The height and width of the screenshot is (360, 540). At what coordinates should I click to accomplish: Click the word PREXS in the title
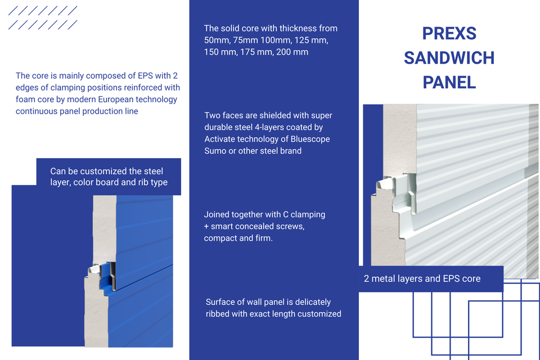[x=449, y=33]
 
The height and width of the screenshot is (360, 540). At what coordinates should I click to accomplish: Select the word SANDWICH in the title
[x=449, y=58]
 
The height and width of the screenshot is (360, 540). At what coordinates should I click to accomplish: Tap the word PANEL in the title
[x=449, y=83]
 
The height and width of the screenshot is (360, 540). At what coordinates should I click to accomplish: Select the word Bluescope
[x=309, y=139]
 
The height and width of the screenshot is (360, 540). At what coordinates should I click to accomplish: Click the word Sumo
[x=215, y=151]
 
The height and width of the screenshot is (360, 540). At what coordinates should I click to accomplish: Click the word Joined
[x=217, y=214]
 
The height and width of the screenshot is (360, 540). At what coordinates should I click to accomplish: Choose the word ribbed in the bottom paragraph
[x=219, y=314]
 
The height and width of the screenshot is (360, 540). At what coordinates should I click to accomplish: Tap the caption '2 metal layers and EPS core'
[x=422, y=278]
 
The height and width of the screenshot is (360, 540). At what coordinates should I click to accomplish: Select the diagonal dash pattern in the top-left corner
[x=44, y=18]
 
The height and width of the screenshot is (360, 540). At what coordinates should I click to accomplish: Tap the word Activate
[x=223, y=139]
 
